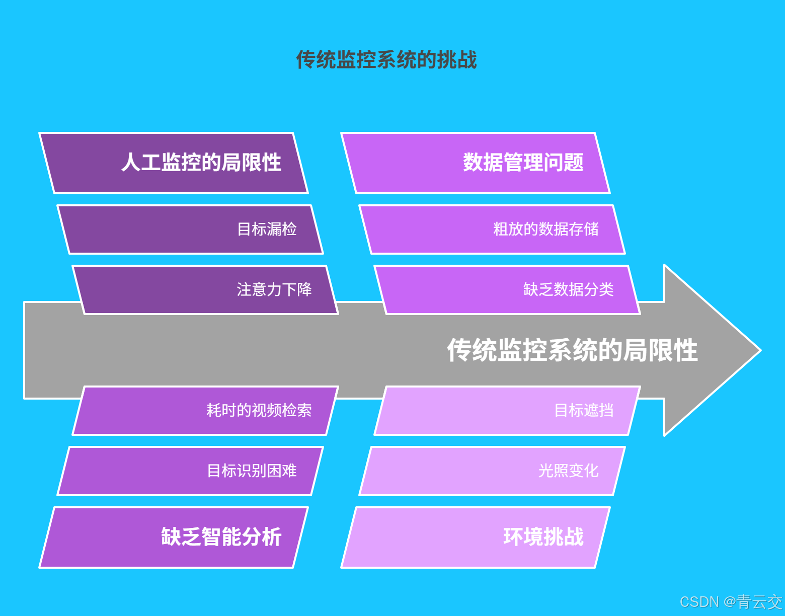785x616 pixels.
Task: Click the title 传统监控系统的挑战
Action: [386, 59]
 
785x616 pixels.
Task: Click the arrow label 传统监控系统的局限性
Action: [572, 350]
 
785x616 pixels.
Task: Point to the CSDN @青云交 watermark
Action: [731, 602]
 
